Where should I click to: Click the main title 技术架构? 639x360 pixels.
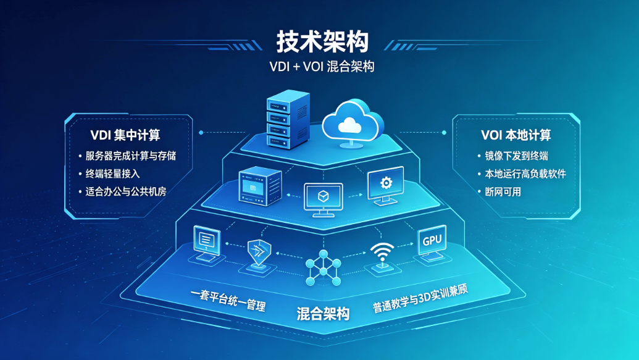click(322, 41)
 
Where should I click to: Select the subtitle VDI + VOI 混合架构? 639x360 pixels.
click(322, 67)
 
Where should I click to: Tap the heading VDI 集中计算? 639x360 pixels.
click(125, 135)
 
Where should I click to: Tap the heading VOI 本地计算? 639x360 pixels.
click(516, 135)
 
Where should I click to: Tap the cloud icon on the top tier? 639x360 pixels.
click(353, 123)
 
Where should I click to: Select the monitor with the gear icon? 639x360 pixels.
click(385, 186)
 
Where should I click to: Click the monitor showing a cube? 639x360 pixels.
click(324, 200)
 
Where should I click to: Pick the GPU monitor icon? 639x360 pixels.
click(432, 244)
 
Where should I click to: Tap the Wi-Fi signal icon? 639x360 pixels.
click(382, 255)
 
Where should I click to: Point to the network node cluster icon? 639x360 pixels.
click(323, 268)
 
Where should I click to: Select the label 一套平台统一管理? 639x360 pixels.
click(228, 299)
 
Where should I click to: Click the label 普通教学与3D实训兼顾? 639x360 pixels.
click(420, 298)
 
